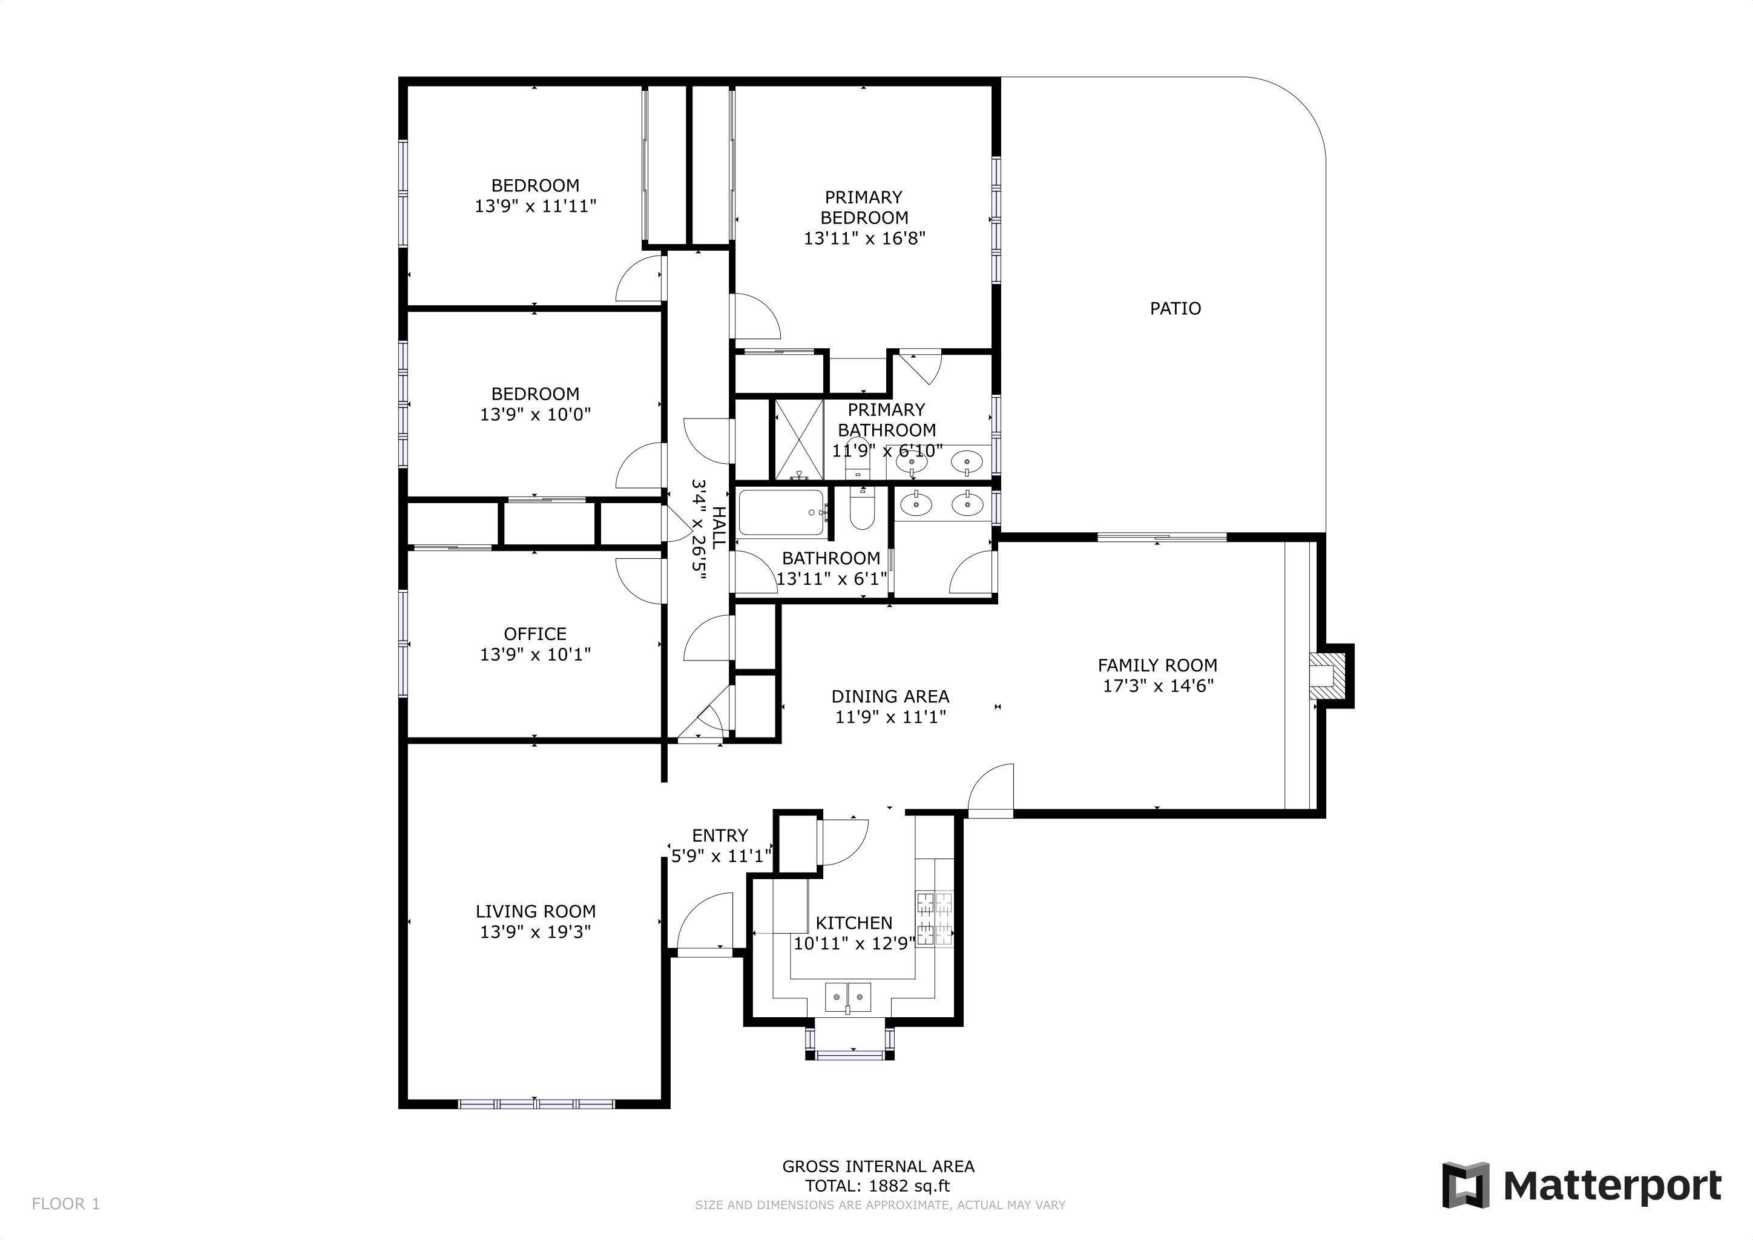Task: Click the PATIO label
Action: click(x=1175, y=308)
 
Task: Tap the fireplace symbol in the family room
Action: click(x=1324, y=676)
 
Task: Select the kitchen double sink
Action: click(x=848, y=997)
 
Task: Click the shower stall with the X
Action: click(x=798, y=439)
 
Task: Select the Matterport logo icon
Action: click(x=1464, y=1185)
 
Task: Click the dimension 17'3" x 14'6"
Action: click(x=1157, y=685)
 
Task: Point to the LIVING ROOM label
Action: click(x=535, y=911)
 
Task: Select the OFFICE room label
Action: click(x=534, y=634)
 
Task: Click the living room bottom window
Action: click(x=535, y=1104)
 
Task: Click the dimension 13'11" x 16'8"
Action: click(x=864, y=238)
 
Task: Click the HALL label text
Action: click(x=719, y=527)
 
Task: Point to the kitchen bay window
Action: click(x=849, y=1055)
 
